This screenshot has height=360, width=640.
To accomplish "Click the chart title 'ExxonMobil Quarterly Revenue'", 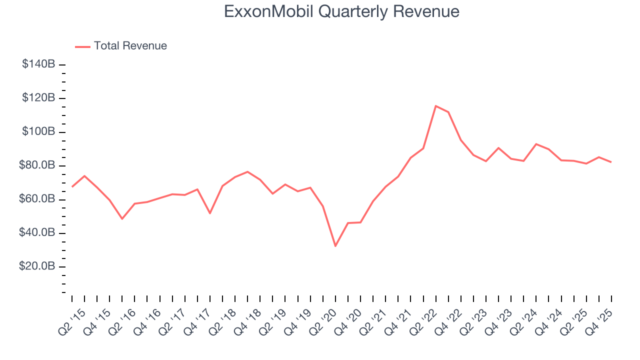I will pyautogui.click(x=341, y=11).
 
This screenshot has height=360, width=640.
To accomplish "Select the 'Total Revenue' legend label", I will pyautogui.click(x=130, y=46).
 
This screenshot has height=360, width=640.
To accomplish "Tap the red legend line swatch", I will pyautogui.click(x=82, y=46).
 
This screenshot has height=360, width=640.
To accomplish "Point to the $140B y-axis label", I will pyautogui.click(x=38, y=64).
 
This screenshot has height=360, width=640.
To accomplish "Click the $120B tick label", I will pyautogui.click(x=38, y=98).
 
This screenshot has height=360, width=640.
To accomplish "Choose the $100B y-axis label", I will pyautogui.click(x=38, y=132).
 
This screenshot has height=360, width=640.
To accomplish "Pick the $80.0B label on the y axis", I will pyautogui.click(x=37, y=165).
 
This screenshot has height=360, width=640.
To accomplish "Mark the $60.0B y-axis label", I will pyautogui.click(x=37, y=199).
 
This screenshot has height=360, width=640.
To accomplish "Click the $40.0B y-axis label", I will pyautogui.click(x=37, y=233).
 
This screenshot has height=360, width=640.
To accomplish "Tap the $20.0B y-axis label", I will pyautogui.click(x=37, y=266).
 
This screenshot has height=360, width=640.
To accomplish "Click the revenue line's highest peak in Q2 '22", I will pyautogui.click(x=435, y=106).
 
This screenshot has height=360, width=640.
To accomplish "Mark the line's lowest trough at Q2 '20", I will pyautogui.click(x=335, y=246).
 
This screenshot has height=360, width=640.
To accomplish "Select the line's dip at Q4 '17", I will pyautogui.click(x=210, y=213).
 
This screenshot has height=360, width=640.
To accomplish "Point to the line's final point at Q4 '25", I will pyautogui.click(x=611, y=162).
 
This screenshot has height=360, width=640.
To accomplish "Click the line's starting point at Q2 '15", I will pyautogui.click(x=72, y=186).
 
